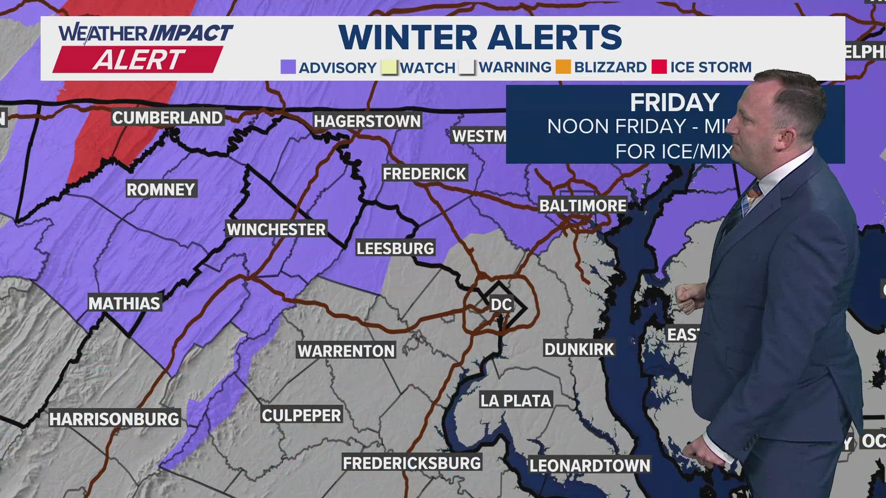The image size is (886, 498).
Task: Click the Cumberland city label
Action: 168,118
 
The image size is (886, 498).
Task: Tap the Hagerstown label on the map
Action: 367,121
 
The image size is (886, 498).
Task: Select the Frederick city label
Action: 425,174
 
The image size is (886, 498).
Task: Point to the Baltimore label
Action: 583,206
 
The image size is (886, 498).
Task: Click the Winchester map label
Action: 276,230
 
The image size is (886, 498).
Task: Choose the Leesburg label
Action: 395,249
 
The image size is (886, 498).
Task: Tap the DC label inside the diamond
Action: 501,304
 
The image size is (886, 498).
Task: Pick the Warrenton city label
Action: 346,351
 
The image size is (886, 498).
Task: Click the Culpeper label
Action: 301,415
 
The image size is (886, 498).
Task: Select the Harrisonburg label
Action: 114,419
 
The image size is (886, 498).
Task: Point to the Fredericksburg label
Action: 412,463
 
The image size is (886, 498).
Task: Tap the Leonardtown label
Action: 589,466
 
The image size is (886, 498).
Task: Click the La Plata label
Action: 515,401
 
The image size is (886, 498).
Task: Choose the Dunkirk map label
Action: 579,350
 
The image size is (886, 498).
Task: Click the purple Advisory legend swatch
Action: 288,67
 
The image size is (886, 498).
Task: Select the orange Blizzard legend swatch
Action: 563,67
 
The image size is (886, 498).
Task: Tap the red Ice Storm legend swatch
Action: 659,67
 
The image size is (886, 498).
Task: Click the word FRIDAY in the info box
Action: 675,102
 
